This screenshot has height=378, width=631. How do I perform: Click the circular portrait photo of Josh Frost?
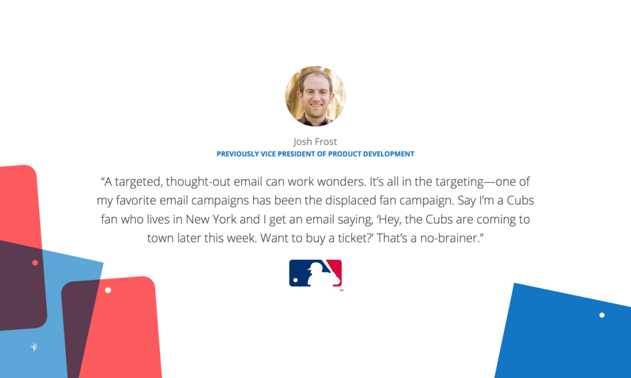coord(315,96)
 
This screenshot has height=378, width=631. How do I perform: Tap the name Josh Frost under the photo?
coord(315,142)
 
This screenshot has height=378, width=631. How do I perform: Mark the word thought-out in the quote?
coord(204,182)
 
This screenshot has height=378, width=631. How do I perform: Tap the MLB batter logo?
coord(315,273)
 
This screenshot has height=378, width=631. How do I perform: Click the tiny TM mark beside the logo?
coord(341,290)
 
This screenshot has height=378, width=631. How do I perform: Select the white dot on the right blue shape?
coord(602,315)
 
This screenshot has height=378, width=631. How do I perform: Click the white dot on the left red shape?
coord(108,290)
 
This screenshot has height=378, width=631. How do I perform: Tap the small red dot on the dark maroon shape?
coord(35,263)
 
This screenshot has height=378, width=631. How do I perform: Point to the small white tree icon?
coord(35,347)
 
